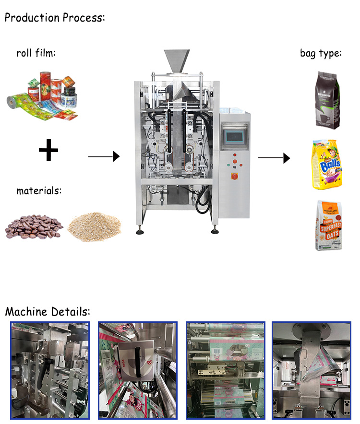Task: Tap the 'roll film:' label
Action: (36, 53)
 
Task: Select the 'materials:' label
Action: (39, 191)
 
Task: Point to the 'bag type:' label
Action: (321, 53)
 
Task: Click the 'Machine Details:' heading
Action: (48, 312)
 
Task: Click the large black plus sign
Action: (48, 152)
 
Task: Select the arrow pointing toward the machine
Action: (103, 156)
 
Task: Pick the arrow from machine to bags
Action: (274, 157)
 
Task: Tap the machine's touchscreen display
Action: (234, 134)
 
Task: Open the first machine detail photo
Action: (49, 370)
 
